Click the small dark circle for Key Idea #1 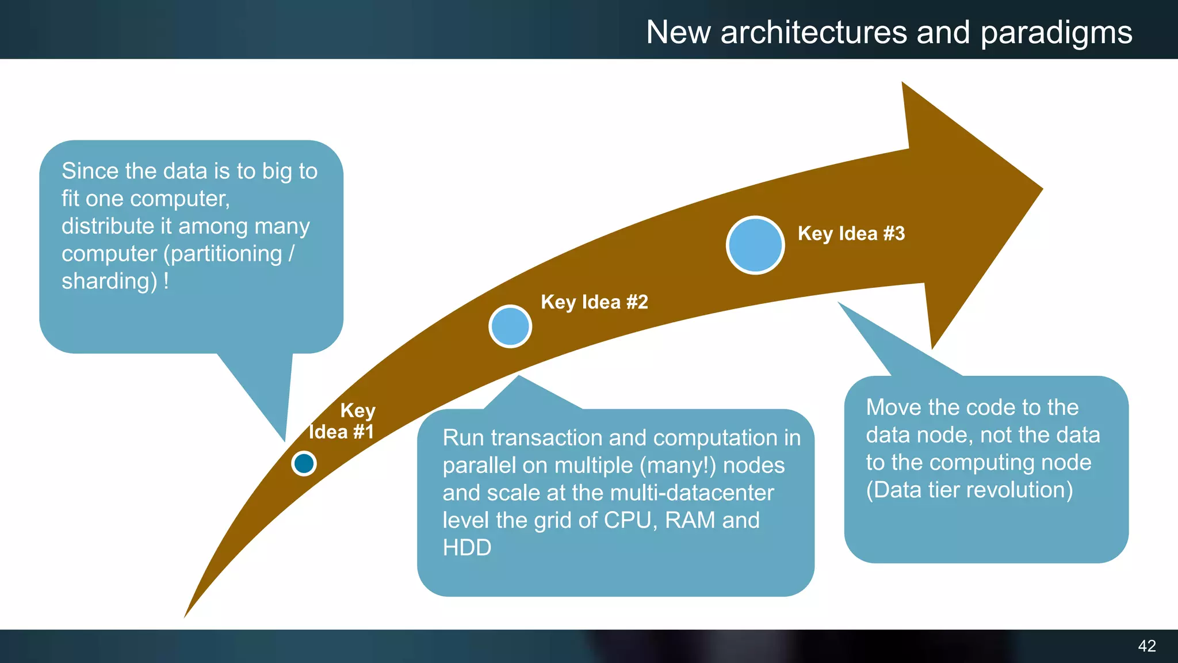pos(304,463)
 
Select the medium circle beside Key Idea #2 pos(510,326)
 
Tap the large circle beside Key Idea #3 pos(755,245)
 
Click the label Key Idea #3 pos(851,234)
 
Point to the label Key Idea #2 pos(594,302)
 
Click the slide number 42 pos(1146,646)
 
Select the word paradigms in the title pos(1056,33)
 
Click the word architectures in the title pos(813,33)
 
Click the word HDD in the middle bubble pos(466,547)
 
